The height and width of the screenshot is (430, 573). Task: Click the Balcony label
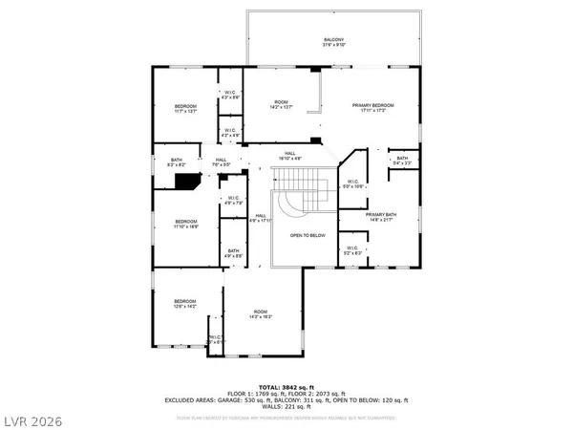(332, 41)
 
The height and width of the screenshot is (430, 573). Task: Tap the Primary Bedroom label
(372, 107)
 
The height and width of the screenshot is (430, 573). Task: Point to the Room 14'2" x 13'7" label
(281, 104)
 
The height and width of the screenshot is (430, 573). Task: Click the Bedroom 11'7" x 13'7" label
(184, 108)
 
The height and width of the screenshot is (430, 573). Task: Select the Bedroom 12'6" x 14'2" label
(183, 303)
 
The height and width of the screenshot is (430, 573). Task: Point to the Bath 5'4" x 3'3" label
(402, 161)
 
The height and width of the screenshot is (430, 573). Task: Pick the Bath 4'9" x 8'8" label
(233, 253)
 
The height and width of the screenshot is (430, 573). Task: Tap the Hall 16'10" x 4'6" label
(289, 156)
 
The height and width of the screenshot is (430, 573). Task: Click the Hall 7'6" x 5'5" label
(221, 161)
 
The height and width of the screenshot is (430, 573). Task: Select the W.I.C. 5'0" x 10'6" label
(352, 183)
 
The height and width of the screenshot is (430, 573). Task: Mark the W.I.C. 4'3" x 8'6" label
(230, 95)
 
